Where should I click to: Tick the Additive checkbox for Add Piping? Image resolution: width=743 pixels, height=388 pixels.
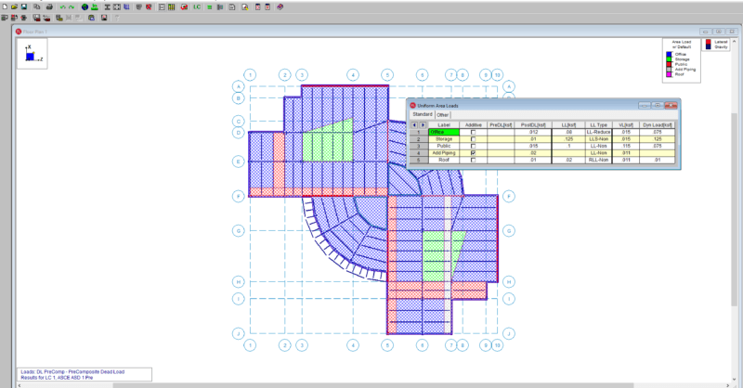(x=474, y=153)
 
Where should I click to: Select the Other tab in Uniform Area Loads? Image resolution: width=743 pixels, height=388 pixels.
(x=443, y=114)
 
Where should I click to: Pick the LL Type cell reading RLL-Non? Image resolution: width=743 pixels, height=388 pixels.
(x=597, y=160)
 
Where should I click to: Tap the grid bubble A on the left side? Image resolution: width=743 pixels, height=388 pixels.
(x=238, y=85)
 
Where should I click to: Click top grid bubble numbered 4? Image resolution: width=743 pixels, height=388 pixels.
(x=353, y=74)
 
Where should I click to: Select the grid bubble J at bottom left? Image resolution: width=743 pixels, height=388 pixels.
(x=238, y=332)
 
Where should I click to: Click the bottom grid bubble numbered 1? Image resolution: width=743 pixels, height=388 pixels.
(x=249, y=344)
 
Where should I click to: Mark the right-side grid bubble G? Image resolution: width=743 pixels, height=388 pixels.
(x=509, y=230)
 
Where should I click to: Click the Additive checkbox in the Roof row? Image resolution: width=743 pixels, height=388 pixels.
(x=474, y=160)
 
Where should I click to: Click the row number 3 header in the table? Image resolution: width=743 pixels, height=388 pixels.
(x=418, y=146)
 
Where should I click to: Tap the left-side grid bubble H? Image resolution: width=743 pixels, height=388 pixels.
(x=238, y=281)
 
